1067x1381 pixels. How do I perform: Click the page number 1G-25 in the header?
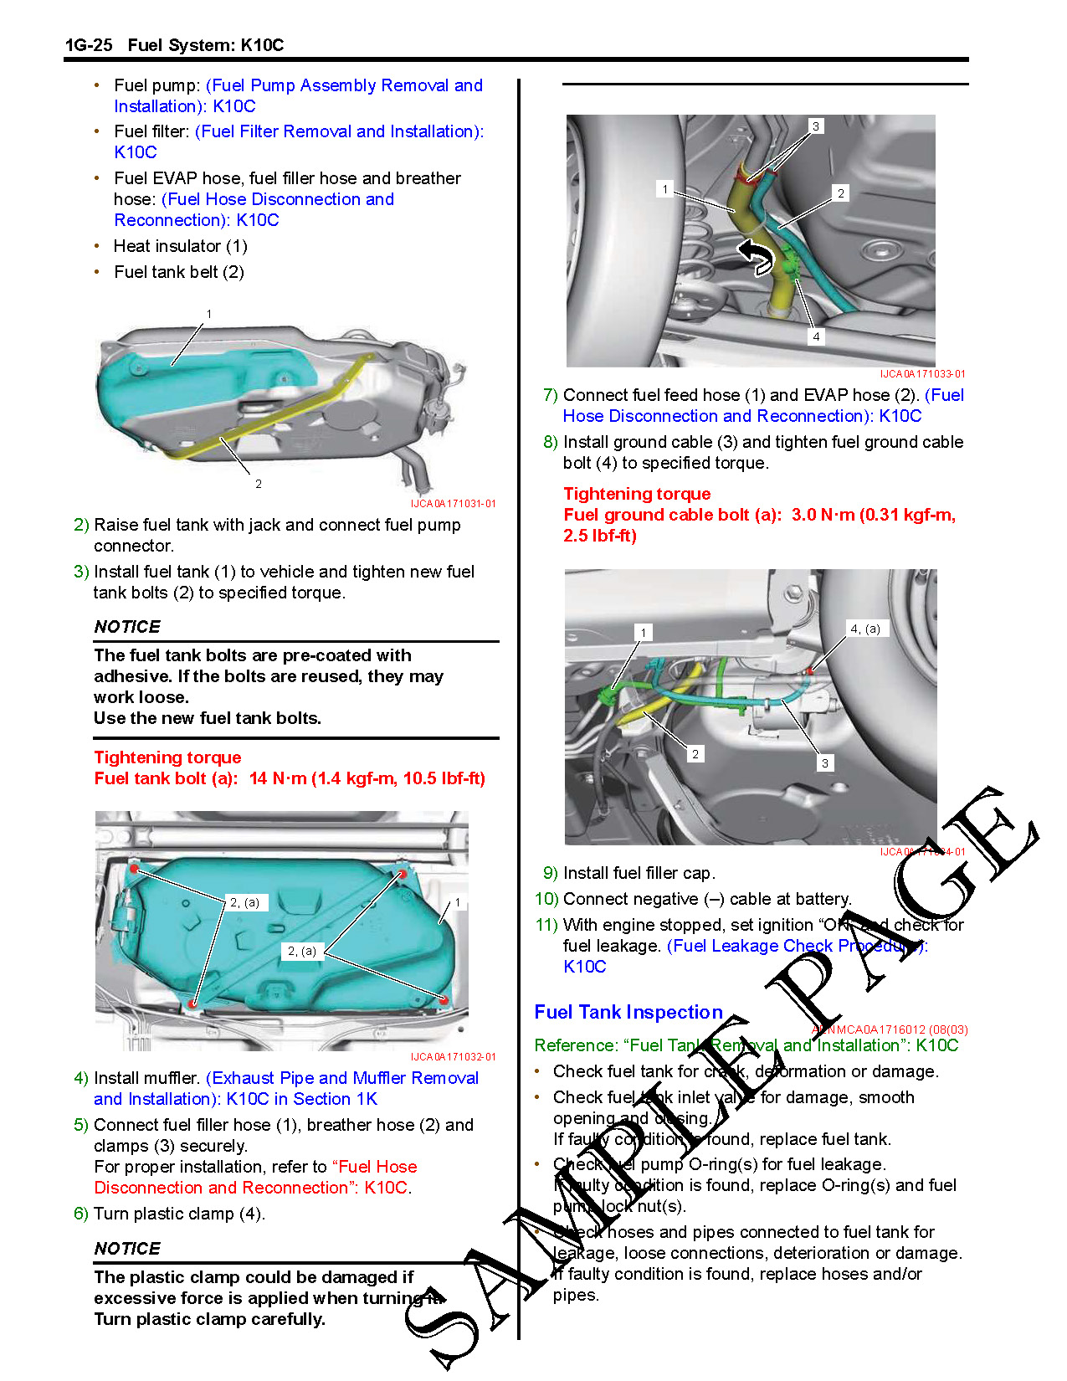tap(89, 45)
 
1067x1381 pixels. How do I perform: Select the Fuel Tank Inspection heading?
tap(628, 1012)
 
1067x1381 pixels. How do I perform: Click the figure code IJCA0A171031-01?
tap(453, 504)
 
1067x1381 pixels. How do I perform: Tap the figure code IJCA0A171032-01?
tap(453, 1057)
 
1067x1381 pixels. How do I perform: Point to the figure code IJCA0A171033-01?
tap(922, 374)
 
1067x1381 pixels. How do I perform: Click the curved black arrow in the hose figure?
tap(757, 256)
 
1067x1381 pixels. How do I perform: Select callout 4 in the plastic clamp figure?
tap(816, 336)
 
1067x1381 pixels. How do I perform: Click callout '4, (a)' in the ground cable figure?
tap(864, 629)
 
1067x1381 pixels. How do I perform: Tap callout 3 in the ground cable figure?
tap(825, 763)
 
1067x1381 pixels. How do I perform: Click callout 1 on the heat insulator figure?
tap(209, 315)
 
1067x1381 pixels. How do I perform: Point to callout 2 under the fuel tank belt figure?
tap(259, 484)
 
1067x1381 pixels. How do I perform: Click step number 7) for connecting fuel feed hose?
tap(550, 395)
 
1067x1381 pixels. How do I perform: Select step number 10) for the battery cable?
tap(546, 899)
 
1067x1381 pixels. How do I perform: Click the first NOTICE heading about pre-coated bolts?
tap(127, 627)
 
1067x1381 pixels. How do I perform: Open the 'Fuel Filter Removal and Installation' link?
tap(339, 131)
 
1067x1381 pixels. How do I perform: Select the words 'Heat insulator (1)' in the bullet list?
tap(181, 246)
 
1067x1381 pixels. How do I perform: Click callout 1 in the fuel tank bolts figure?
tap(458, 903)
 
